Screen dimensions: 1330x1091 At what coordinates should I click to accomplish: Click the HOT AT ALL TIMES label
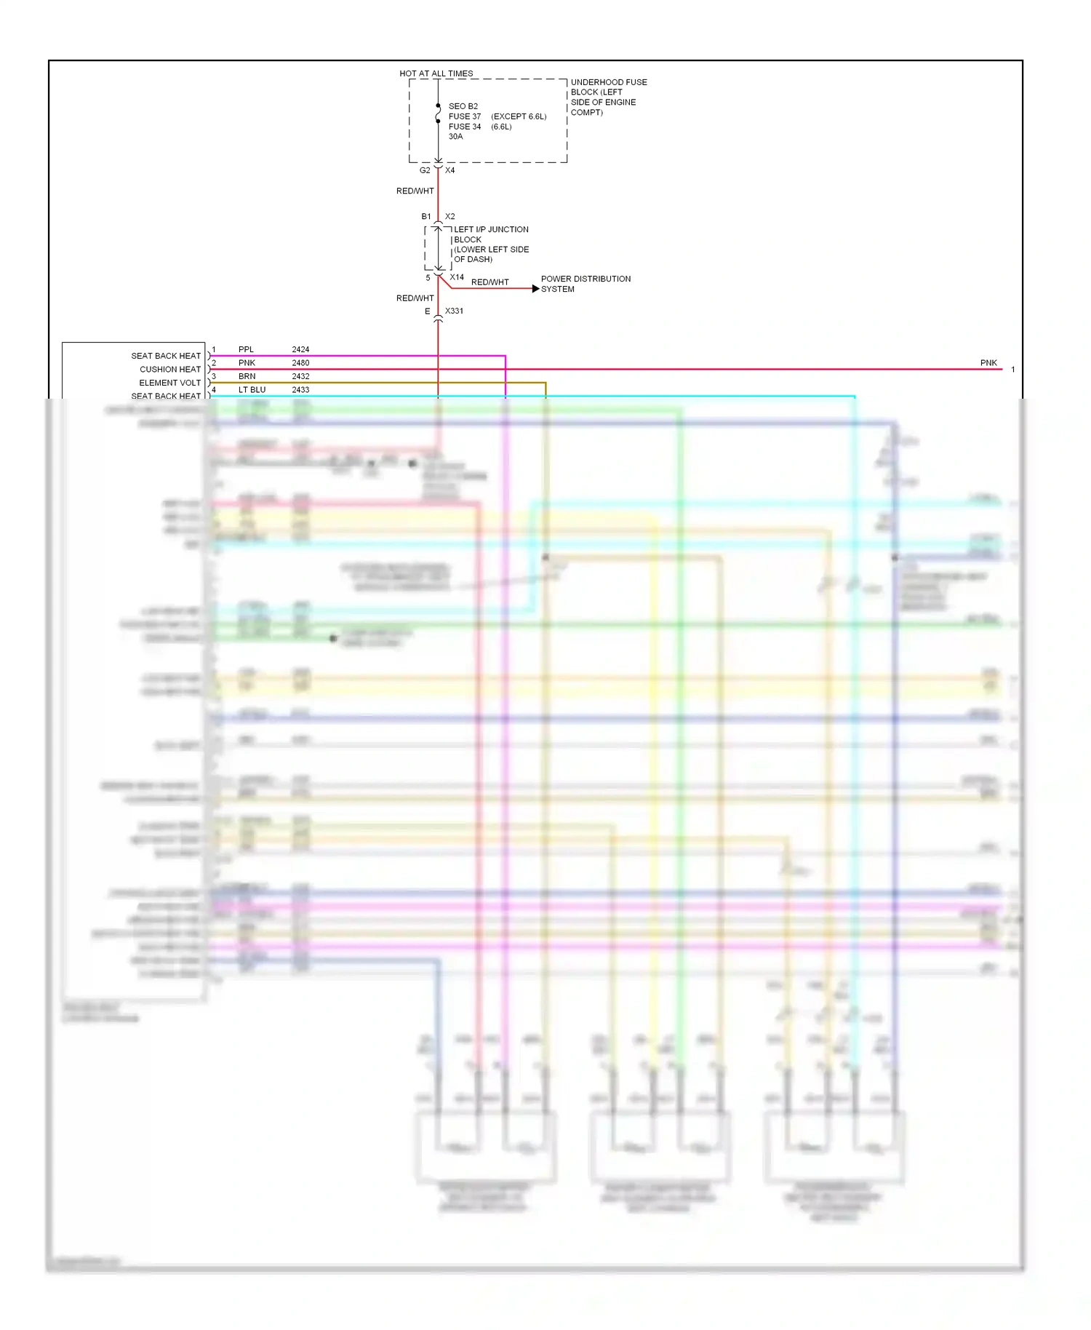click(x=436, y=73)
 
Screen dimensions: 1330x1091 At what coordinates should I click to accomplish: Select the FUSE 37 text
click(x=464, y=116)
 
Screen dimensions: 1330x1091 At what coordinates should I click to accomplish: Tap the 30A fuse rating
click(x=455, y=137)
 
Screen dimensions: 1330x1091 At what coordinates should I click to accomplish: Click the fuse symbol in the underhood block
click(x=438, y=114)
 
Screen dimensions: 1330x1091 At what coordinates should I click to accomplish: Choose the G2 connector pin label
click(x=425, y=170)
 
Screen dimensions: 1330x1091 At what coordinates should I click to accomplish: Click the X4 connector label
click(x=450, y=170)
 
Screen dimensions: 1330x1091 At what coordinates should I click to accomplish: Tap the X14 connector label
click(x=457, y=277)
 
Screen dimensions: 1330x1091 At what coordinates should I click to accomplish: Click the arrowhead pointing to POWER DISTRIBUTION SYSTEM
click(x=536, y=289)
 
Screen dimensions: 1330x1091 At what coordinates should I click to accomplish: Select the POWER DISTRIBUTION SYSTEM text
click(x=586, y=284)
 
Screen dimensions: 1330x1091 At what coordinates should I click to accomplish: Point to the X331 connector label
click(x=454, y=311)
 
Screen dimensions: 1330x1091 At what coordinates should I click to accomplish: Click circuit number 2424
click(x=300, y=349)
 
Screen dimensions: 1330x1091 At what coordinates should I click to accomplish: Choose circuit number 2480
click(x=300, y=362)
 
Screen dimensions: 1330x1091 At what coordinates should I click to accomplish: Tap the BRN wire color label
click(x=247, y=376)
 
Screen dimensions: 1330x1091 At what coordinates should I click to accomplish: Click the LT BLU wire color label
click(x=252, y=390)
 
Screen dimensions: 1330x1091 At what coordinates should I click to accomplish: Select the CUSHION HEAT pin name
click(x=170, y=370)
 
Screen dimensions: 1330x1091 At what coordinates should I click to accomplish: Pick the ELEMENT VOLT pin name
click(x=169, y=383)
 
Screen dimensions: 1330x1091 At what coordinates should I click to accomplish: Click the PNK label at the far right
click(x=988, y=363)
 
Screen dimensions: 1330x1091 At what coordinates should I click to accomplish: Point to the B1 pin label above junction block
click(x=426, y=217)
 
